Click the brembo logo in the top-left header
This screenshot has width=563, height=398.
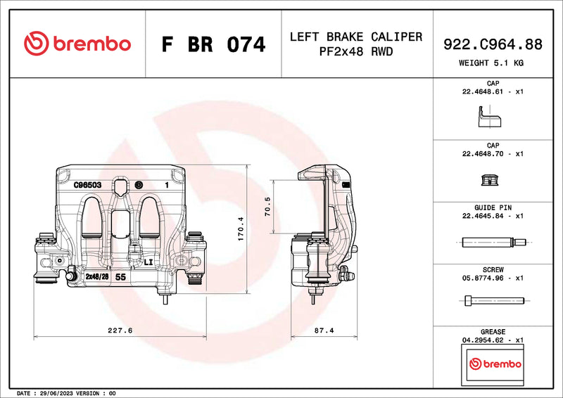coord(77,44)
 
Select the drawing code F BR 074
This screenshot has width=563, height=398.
coord(213,44)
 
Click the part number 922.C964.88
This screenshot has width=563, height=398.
coord(493,44)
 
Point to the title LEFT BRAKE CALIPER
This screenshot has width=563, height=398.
coord(356,37)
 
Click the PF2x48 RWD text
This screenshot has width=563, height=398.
coord(356,52)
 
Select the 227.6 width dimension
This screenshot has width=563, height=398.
coord(121,329)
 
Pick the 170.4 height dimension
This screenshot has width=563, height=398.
coord(241,229)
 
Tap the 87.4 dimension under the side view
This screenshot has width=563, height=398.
coord(322,329)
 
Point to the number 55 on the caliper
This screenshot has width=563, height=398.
coord(120,277)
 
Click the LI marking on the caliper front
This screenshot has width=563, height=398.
coord(148,262)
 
